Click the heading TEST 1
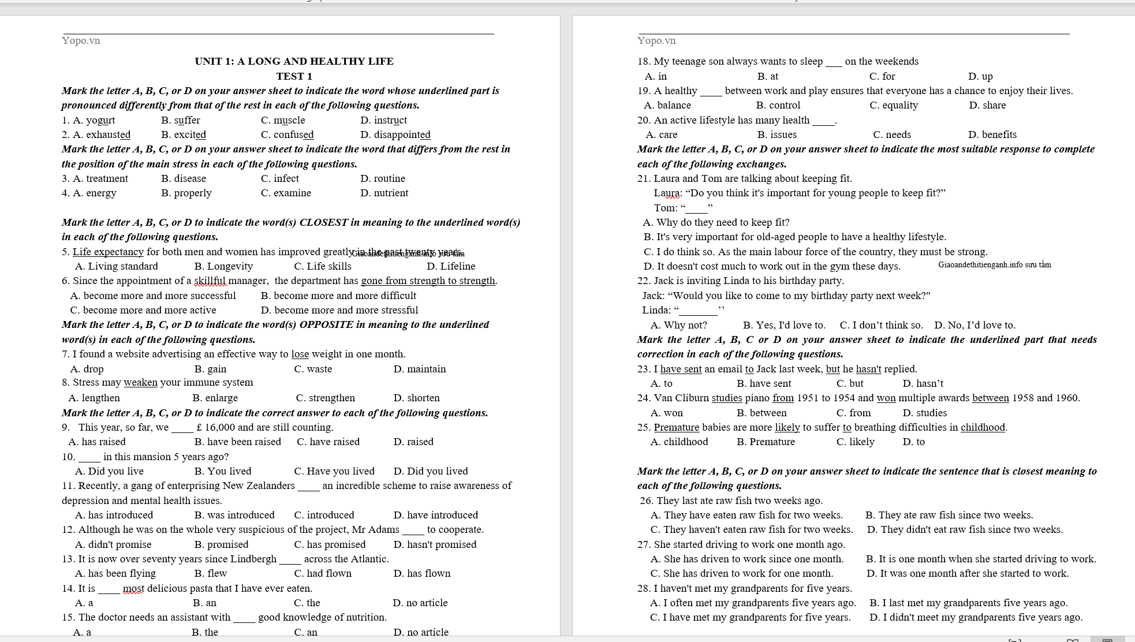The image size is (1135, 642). [x=294, y=76]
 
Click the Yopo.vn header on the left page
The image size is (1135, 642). [x=81, y=40]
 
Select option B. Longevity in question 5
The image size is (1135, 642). [x=223, y=266]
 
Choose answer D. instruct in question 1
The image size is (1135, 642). [x=383, y=120]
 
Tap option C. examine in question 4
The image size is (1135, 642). [x=286, y=193]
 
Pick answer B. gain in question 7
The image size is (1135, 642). [x=210, y=369]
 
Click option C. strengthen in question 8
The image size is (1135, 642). [x=325, y=398]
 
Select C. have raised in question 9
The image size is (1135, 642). [x=328, y=442]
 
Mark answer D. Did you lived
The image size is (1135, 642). [x=430, y=471]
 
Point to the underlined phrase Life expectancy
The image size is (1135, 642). [x=108, y=252]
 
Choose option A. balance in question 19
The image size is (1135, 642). [x=667, y=105]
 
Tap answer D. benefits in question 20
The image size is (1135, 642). [x=992, y=135]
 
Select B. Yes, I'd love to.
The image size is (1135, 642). [x=784, y=325]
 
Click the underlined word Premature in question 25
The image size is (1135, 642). [x=676, y=427]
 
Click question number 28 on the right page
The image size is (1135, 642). [x=643, y=588]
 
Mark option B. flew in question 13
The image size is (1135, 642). [x=210, y=573]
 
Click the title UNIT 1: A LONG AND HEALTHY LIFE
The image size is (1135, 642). [x=294, y=61]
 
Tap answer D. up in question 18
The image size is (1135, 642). [x=980, y=76]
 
